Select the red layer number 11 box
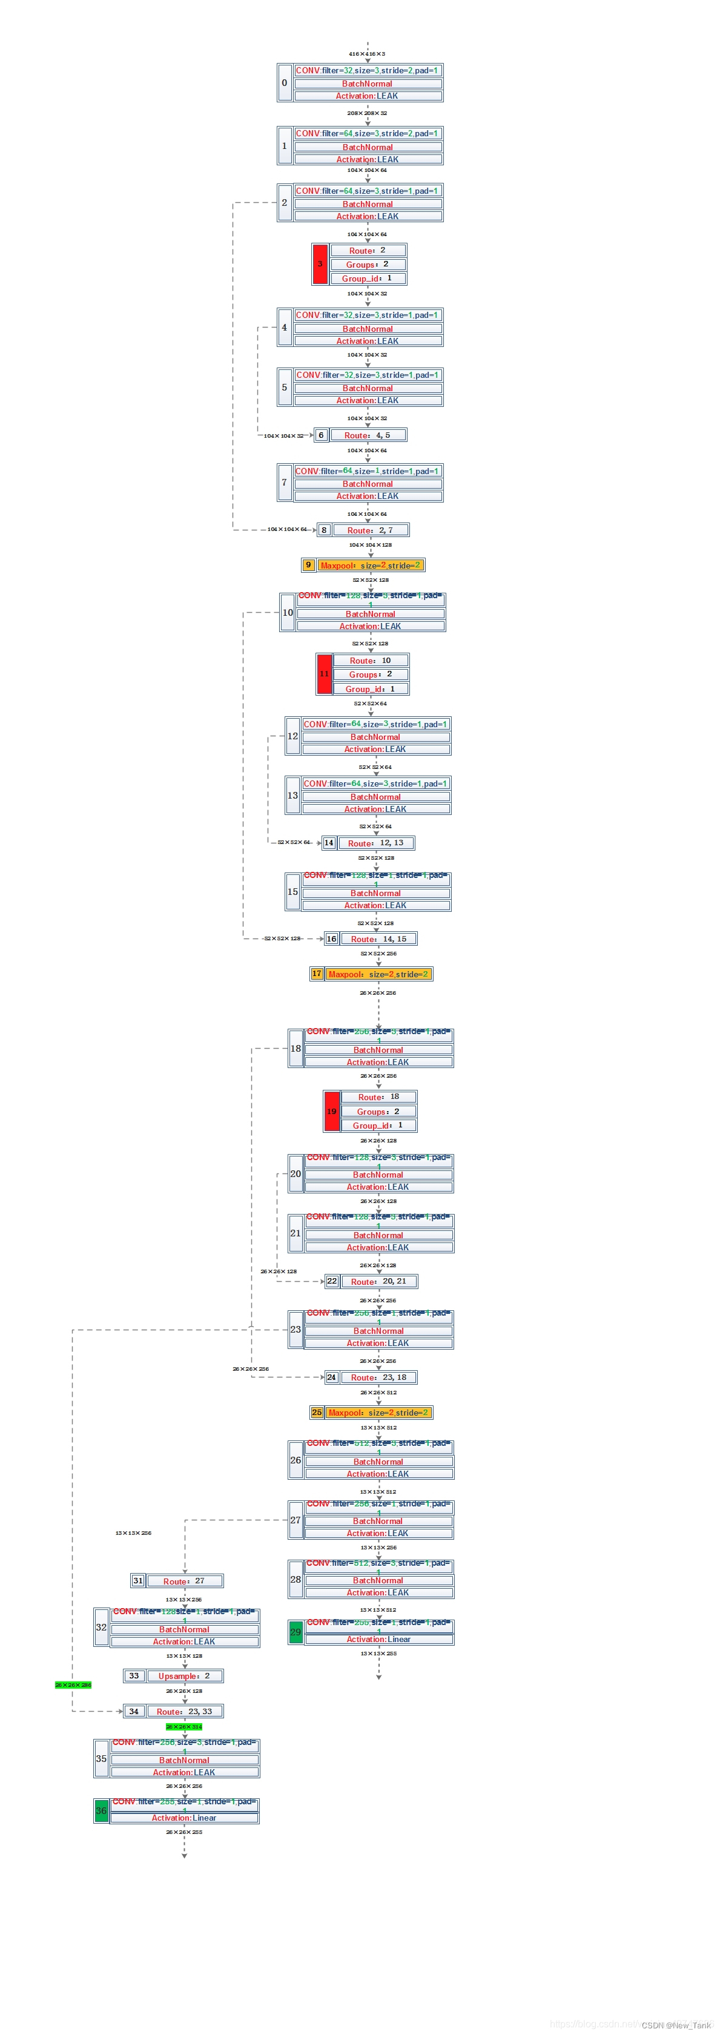tap(323, 674)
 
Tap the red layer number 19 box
tap(331, 1110)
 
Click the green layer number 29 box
tap(296, 1631)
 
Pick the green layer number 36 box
tap(101, 1810)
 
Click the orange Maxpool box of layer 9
tap(371, 565)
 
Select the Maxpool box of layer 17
tap(378, 974)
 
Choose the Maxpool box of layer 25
tap(378, 1413)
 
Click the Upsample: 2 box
tap(185, 1675)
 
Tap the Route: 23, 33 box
tap(185, 1711)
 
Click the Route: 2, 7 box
tap(371, 530)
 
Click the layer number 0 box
tap(285, 83)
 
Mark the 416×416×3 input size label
tap(367, 54)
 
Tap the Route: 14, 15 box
tap(378, 938)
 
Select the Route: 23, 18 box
tap(378, 1377)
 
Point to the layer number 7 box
tap(285, 483)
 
